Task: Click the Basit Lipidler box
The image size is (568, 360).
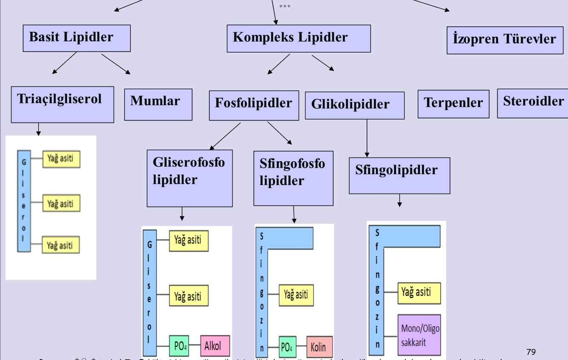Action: point(77,38)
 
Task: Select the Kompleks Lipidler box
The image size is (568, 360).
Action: point(298,38)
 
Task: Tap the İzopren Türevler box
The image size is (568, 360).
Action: point(505,40)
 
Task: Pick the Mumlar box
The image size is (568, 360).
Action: point(158,104)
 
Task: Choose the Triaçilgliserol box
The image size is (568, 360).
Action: point(62,104)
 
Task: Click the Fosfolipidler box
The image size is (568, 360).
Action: point(254,105)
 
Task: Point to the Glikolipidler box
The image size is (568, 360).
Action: point(354,105)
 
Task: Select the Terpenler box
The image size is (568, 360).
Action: point(453,104)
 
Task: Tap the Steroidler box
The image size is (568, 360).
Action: point(533,103)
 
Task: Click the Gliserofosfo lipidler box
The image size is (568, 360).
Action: point(189,178)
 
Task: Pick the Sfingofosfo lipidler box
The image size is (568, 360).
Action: point(293,178)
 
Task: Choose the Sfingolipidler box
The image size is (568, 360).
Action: point(399,175)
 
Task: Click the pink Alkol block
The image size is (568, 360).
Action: point(215,346)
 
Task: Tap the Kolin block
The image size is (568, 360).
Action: point(319,347)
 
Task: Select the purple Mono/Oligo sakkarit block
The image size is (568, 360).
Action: point(419,335)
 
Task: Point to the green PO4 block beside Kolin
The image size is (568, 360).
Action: point(287,347)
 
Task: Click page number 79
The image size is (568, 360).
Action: point(531,352)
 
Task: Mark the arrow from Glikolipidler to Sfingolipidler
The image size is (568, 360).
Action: point(367,138)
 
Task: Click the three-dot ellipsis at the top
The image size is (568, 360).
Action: point(285,6)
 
